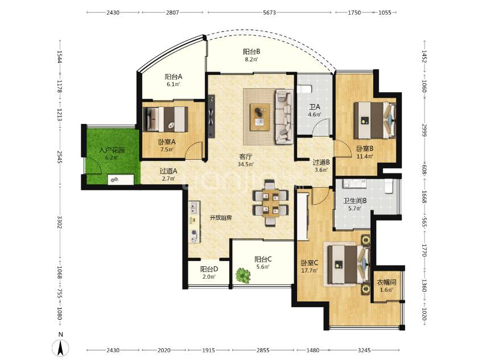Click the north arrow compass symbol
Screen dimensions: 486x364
[x=61, y=348]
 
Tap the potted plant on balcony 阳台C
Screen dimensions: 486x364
[x=242, y=275]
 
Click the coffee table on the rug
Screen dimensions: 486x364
[x=260, y=115]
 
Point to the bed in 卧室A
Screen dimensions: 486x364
[x=166, y=119]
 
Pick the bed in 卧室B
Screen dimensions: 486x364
[x=374, y=120]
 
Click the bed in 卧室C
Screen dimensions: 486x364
[x=349, y=264]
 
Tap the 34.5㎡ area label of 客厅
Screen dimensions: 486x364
[x=245, y=164]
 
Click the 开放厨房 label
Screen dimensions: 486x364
[x=221, y=218]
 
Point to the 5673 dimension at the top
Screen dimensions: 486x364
[x=269, y=13]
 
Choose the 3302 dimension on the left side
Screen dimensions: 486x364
[x=59, y=222]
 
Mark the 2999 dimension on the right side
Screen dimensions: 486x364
[x=425, y=130]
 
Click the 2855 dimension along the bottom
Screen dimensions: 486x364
[x=263, y=350]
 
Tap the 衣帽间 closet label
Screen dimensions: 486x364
[x=386, y=283]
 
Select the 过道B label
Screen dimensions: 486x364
[x=321, y=162]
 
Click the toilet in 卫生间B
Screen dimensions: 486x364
[x=389, y=186]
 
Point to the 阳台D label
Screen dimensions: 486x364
[x=209, y=269]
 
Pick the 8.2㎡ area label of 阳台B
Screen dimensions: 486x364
[x=252, y=60]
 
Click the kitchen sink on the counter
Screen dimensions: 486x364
[x=194, y=207]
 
